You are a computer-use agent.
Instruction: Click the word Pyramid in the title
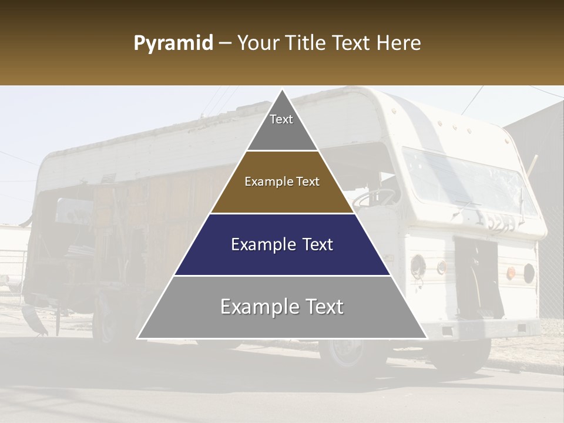(x=173, y=43)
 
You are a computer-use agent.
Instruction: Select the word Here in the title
(x=399, y=43)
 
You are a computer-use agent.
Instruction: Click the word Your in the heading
(x=259, y=43)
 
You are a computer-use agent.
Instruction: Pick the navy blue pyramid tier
(x=282, y=245)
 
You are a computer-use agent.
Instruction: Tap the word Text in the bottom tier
(x=320, y=307)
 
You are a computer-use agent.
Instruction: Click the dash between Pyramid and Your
(x=225, y=43)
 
